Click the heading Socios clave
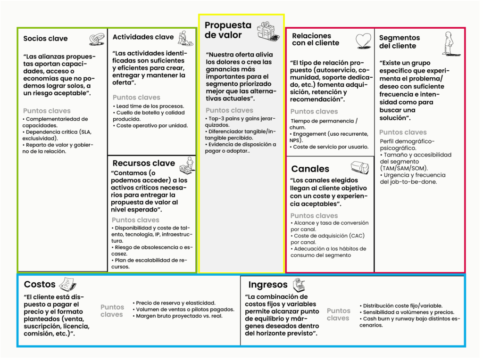click(x=45, y=39)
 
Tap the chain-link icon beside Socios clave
click(x=97, y=39)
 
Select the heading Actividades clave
click(x=143, y=37)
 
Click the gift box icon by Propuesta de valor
click(x=268, y=31)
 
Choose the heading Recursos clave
click(x=143, y=163)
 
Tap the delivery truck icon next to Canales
click(x=360, y=167)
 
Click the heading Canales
click(x=310, y=169)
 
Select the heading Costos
click(x=40, y=284)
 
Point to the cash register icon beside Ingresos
click(x=299, y=285)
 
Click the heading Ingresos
click(x=267, y=285)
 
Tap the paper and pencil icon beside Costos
click(x=67, y=284)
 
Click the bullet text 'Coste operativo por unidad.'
click(x=152, y=126)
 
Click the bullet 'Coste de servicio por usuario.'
click(x=331, y=147)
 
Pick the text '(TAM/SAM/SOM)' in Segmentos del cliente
click(x=404, y=168)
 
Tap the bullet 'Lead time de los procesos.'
click(x=150, y=106)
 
